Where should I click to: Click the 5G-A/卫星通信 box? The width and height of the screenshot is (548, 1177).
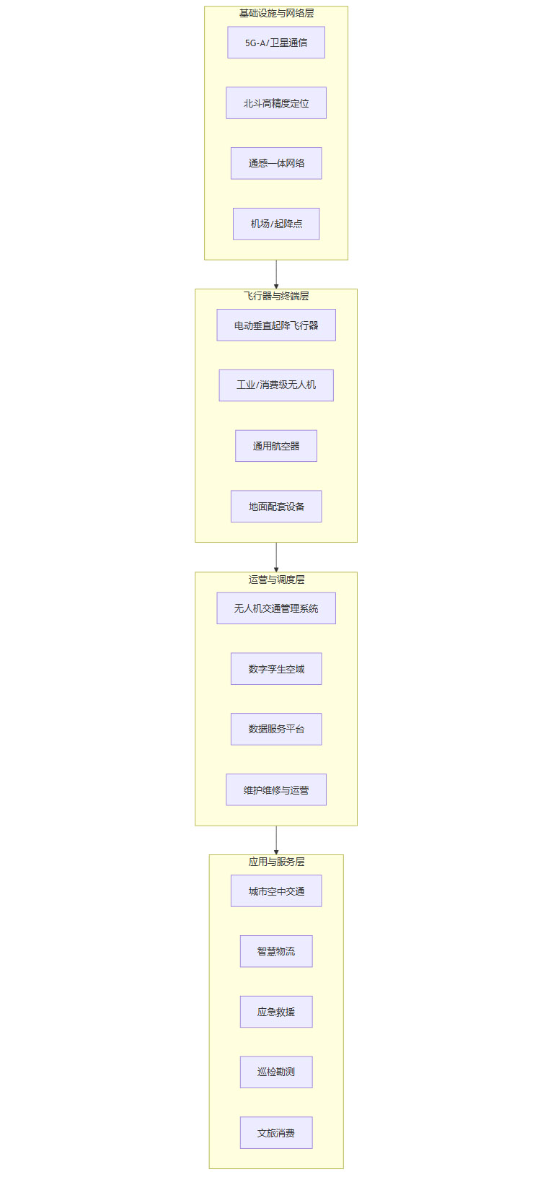pyautogui.click(x=276, y=43)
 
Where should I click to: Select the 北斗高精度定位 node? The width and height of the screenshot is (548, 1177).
pyautogui.click(x=276, y=103)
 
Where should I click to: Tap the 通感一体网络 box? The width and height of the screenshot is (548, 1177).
pyautogui.click(x=276, y=163)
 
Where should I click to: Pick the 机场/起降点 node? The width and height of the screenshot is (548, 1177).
pyautogui.click(x=276, y=224)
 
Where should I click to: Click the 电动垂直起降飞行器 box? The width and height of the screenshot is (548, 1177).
pyautogui.click(x=276, y=325)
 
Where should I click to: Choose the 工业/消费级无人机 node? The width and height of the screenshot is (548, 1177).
pyautogui.click(x=276, y=385)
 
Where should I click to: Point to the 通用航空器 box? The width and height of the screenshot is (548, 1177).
pyautogui.click(x=276, y=446)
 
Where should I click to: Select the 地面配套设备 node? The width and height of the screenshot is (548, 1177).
pyautogui.click(x=276, y=507)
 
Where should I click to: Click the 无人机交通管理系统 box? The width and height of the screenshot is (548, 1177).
pyautogui.click(x=276, y=608)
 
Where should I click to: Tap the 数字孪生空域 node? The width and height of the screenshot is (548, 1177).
pyautogui.click(x=276, y=669)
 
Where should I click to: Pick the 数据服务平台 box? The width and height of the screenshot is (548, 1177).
pyautogui.click(x=276, y=729)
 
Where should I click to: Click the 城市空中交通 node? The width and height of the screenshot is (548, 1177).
pyautogui.click(x=276, y=891)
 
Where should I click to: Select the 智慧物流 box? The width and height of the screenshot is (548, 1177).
pyautogui.click(x=276, y=951)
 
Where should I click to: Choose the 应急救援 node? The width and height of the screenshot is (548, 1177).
pyautogui.click(x=276, y=1012)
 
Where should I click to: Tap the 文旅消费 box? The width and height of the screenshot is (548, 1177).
pyautogui.click(x=276, y=1133)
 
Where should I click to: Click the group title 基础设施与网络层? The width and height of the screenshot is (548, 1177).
pyautogui.click(x=276, y=13)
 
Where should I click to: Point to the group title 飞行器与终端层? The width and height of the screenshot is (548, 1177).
pyautogui.click(x=276, y=296)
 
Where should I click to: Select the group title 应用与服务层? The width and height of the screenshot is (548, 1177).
pyautogui.click(x=276, y=862)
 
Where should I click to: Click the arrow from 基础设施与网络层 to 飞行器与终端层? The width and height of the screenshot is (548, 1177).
pyautogui.click(x=276, y=274)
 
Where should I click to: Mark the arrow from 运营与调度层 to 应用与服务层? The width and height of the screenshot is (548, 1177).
pyautogui.click(x=276, y=840)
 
